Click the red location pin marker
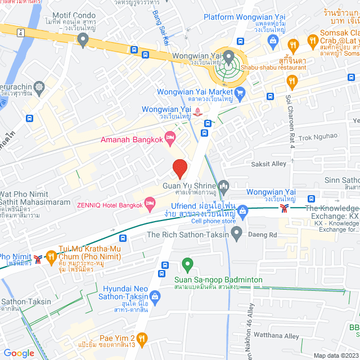click(179, 168)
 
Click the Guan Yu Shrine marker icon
click(224, 186)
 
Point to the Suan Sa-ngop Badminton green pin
click(187, 263)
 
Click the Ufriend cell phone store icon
click(243, 213)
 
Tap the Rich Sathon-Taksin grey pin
click(237, 232)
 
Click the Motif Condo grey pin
click(84, 39)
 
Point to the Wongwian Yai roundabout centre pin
click(229, 56)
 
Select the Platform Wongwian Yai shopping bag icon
click(273, 40)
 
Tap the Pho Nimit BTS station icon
click(38, 258)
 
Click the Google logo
click(19, 353)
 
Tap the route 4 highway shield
click(20, 32)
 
